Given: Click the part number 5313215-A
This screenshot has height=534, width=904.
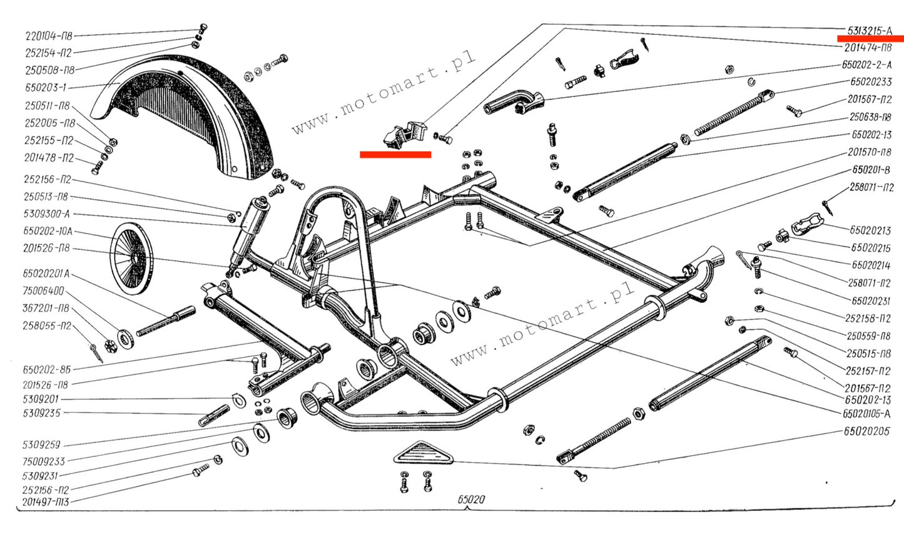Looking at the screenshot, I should tap(870, 30).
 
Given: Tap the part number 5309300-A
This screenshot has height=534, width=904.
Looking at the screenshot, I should tap(47, 214).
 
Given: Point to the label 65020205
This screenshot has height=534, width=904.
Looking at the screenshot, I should tap(866, 431).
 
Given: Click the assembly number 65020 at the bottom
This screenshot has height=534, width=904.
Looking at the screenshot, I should tap(470, 500).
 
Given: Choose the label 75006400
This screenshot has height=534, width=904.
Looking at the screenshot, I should tap(43, 291).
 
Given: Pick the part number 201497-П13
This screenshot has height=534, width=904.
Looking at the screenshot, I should tap(46, 501).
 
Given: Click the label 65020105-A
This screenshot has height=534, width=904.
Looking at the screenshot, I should tap(866, 413).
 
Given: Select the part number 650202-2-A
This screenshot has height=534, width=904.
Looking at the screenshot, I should tap(866, 64).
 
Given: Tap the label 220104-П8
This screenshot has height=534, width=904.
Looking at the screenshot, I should tap(48, 36).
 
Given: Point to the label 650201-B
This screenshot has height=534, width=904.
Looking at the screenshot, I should tap(871, 170).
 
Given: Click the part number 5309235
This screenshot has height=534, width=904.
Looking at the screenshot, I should tap(41, 413).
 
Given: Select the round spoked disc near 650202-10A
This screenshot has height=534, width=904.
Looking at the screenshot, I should tap(132, 257).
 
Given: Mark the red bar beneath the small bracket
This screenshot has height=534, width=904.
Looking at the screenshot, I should tap(395, 154).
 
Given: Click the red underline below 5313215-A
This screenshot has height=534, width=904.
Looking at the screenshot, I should tap(870, 39).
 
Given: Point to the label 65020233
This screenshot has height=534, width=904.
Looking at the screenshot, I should tap(871, 81).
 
